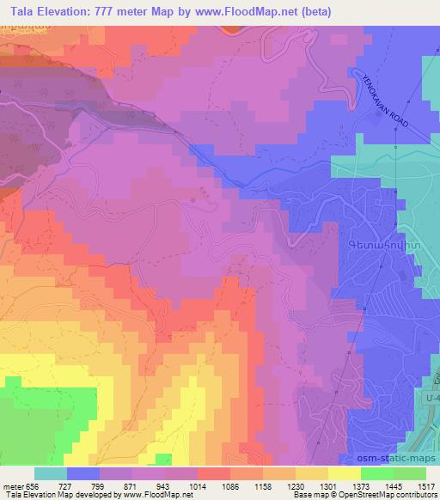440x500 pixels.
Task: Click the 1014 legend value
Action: click(x=211, y=485)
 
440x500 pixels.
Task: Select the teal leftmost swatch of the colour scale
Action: click(x=51, y=473)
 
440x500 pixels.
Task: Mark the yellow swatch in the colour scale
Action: click(x=344, y=473)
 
